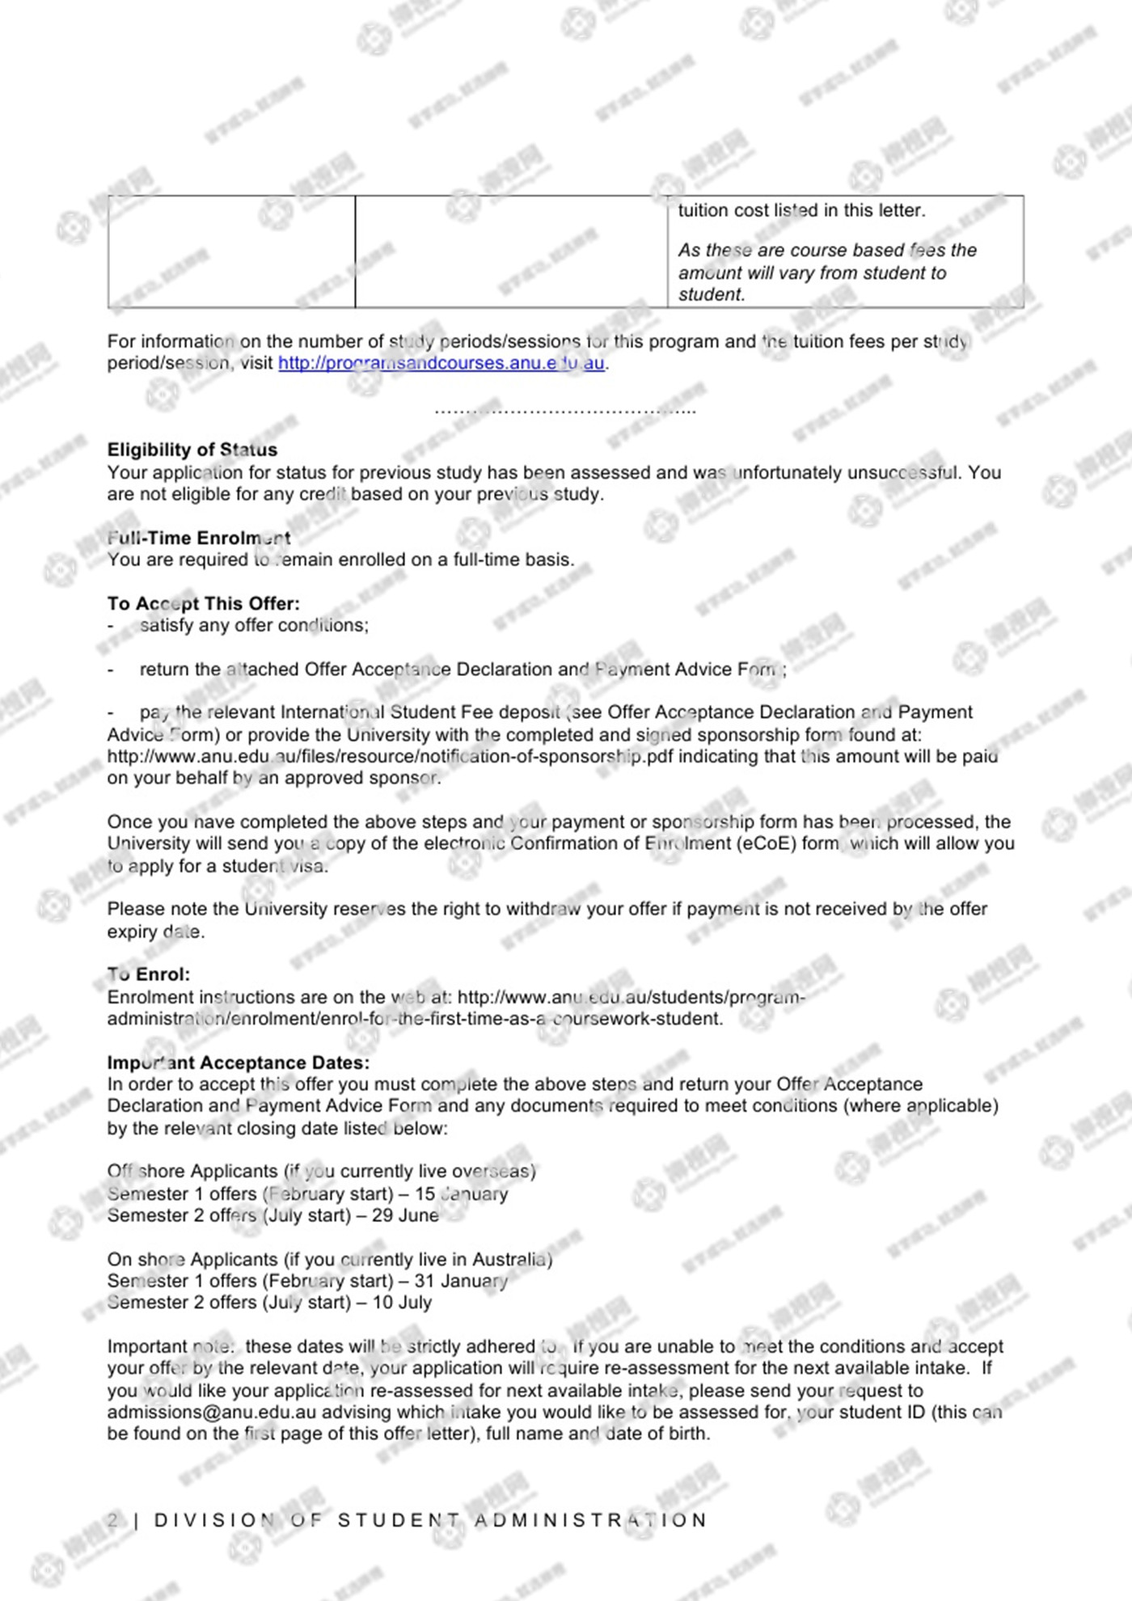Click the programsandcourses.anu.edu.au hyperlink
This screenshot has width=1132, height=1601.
coord(441,363)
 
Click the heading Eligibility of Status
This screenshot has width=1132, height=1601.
coord(192,450)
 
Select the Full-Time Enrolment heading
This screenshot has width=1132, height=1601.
coord(199,538)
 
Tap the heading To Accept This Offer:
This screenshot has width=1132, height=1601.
coord(203,603)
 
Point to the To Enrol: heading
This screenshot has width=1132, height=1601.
coord(149,974)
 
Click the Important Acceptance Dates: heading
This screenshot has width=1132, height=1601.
coord(238,1062)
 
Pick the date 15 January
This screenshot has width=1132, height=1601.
coord(462,1193)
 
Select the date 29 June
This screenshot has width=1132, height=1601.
coord(405,1215)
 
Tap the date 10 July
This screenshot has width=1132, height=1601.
coord(402,1303)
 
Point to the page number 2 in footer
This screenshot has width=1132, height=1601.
coord(113,1520)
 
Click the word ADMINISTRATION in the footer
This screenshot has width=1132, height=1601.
coord(591,1520)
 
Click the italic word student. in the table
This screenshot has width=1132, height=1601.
coord(711,294)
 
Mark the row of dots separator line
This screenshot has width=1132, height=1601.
coord(564,411)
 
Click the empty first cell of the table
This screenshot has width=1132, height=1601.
coord(231,251)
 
